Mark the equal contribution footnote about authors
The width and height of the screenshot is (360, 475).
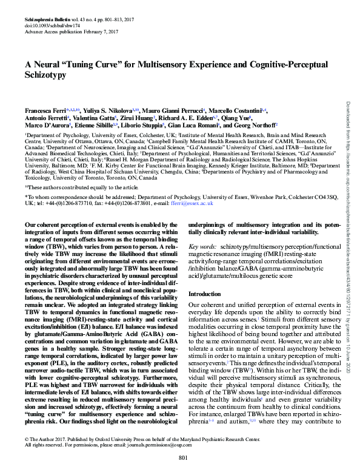click(85, 172)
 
